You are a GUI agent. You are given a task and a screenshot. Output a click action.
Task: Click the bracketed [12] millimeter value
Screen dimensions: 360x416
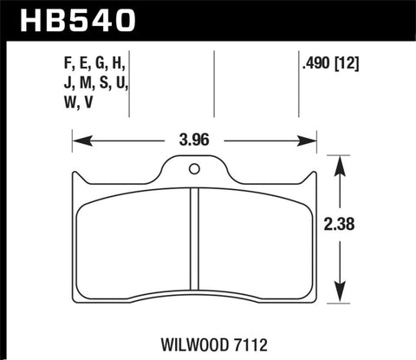pos(347,62)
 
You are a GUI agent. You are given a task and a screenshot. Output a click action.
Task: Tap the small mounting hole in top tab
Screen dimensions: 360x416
pos(193,168)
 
